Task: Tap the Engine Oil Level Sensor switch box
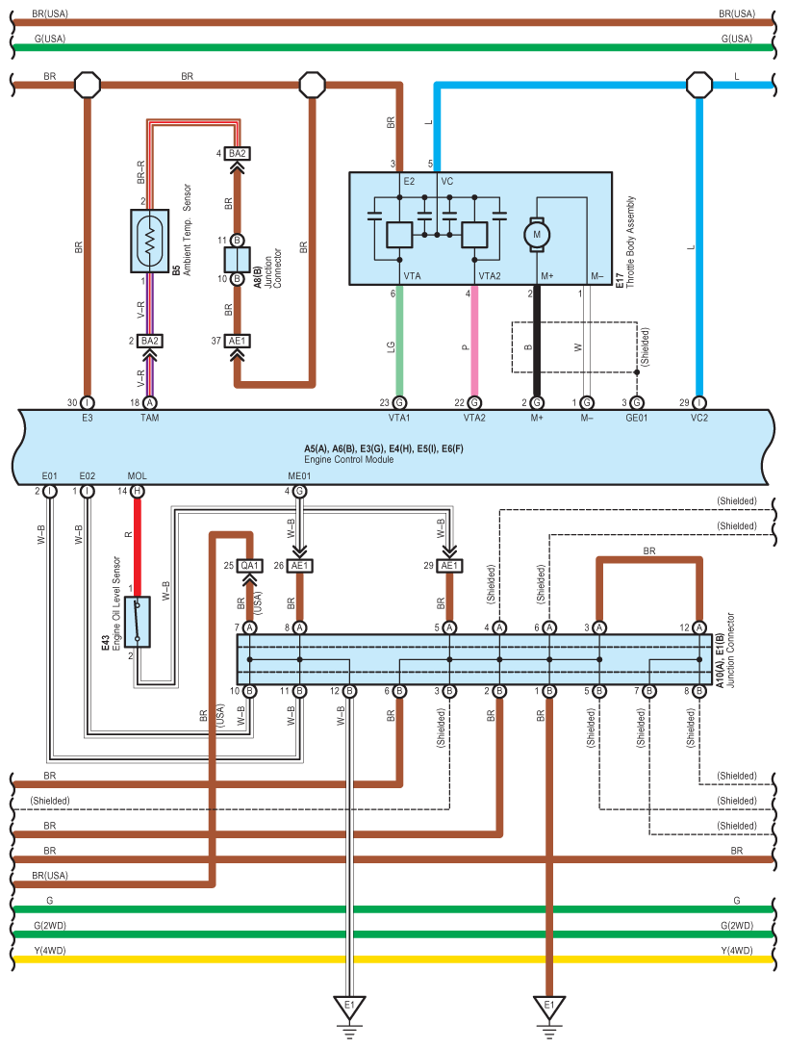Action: tap(138, 621)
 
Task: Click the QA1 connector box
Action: tap(249, 566)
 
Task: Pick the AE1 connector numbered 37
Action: tap(238, 341)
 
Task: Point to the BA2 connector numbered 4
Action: tap(238, 154)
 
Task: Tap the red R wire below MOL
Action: tap(138, 539)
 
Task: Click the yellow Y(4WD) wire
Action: tap(385, 959)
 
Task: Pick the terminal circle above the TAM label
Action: tap(149, 402)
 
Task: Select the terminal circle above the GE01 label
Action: tap(637, 402)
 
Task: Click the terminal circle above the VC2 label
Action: tap(699, 402)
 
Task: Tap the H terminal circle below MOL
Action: tap(138, 491)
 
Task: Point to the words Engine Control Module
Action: tap(348, 460)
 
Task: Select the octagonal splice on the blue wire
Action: tap(698, 85)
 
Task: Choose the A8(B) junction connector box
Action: tap(237, 260)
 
